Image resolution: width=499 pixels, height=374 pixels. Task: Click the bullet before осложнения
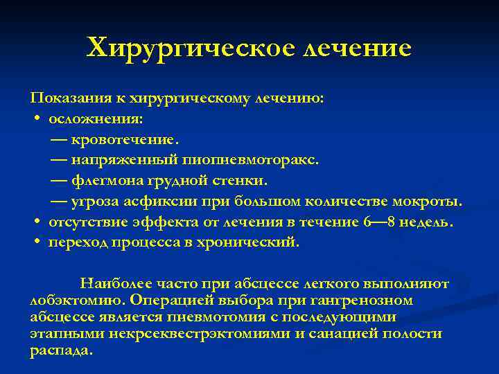[x=35, y=119]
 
